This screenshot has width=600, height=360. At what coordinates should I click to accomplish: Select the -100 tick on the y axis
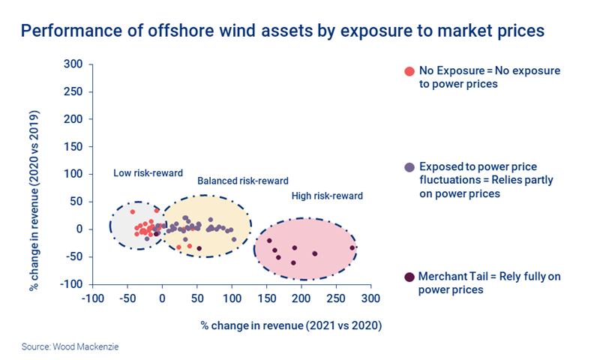click(70, 284)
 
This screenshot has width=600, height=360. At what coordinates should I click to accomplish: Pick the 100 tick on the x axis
click(232, 299)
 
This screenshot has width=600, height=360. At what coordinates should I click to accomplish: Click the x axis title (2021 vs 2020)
click(291, 325)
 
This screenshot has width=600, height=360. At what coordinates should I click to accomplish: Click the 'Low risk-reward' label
click(148, 173)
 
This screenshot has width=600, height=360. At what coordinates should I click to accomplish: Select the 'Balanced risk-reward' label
click(242, 181)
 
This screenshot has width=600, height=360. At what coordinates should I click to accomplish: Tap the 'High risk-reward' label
click(326, 196)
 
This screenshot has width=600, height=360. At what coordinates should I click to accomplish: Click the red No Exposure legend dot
click(409, 71)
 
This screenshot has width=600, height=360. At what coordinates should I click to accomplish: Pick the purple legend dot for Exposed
click(409, 166)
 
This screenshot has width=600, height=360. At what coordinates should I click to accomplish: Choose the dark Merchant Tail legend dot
click(409, 277)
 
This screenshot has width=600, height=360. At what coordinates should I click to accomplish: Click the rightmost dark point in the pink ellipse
click(352, 247)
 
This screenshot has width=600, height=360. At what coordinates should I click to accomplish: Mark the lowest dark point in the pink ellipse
click(293, 262)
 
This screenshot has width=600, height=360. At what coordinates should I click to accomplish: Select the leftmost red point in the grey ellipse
click(133, 211)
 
